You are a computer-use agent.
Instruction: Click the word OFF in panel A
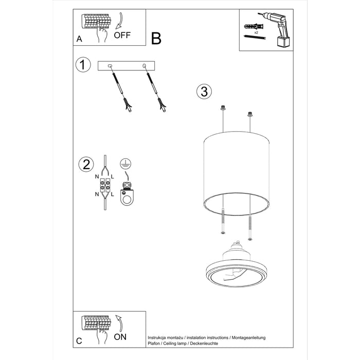(123, 35)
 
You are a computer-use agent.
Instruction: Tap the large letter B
(156, 39)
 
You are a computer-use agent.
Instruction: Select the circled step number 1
(83, 65)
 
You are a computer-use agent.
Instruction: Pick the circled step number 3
(204, 92)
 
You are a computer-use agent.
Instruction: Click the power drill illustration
(274, 28)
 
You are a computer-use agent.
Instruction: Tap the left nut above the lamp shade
(223, 109)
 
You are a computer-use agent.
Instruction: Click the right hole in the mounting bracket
(145, 65)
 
